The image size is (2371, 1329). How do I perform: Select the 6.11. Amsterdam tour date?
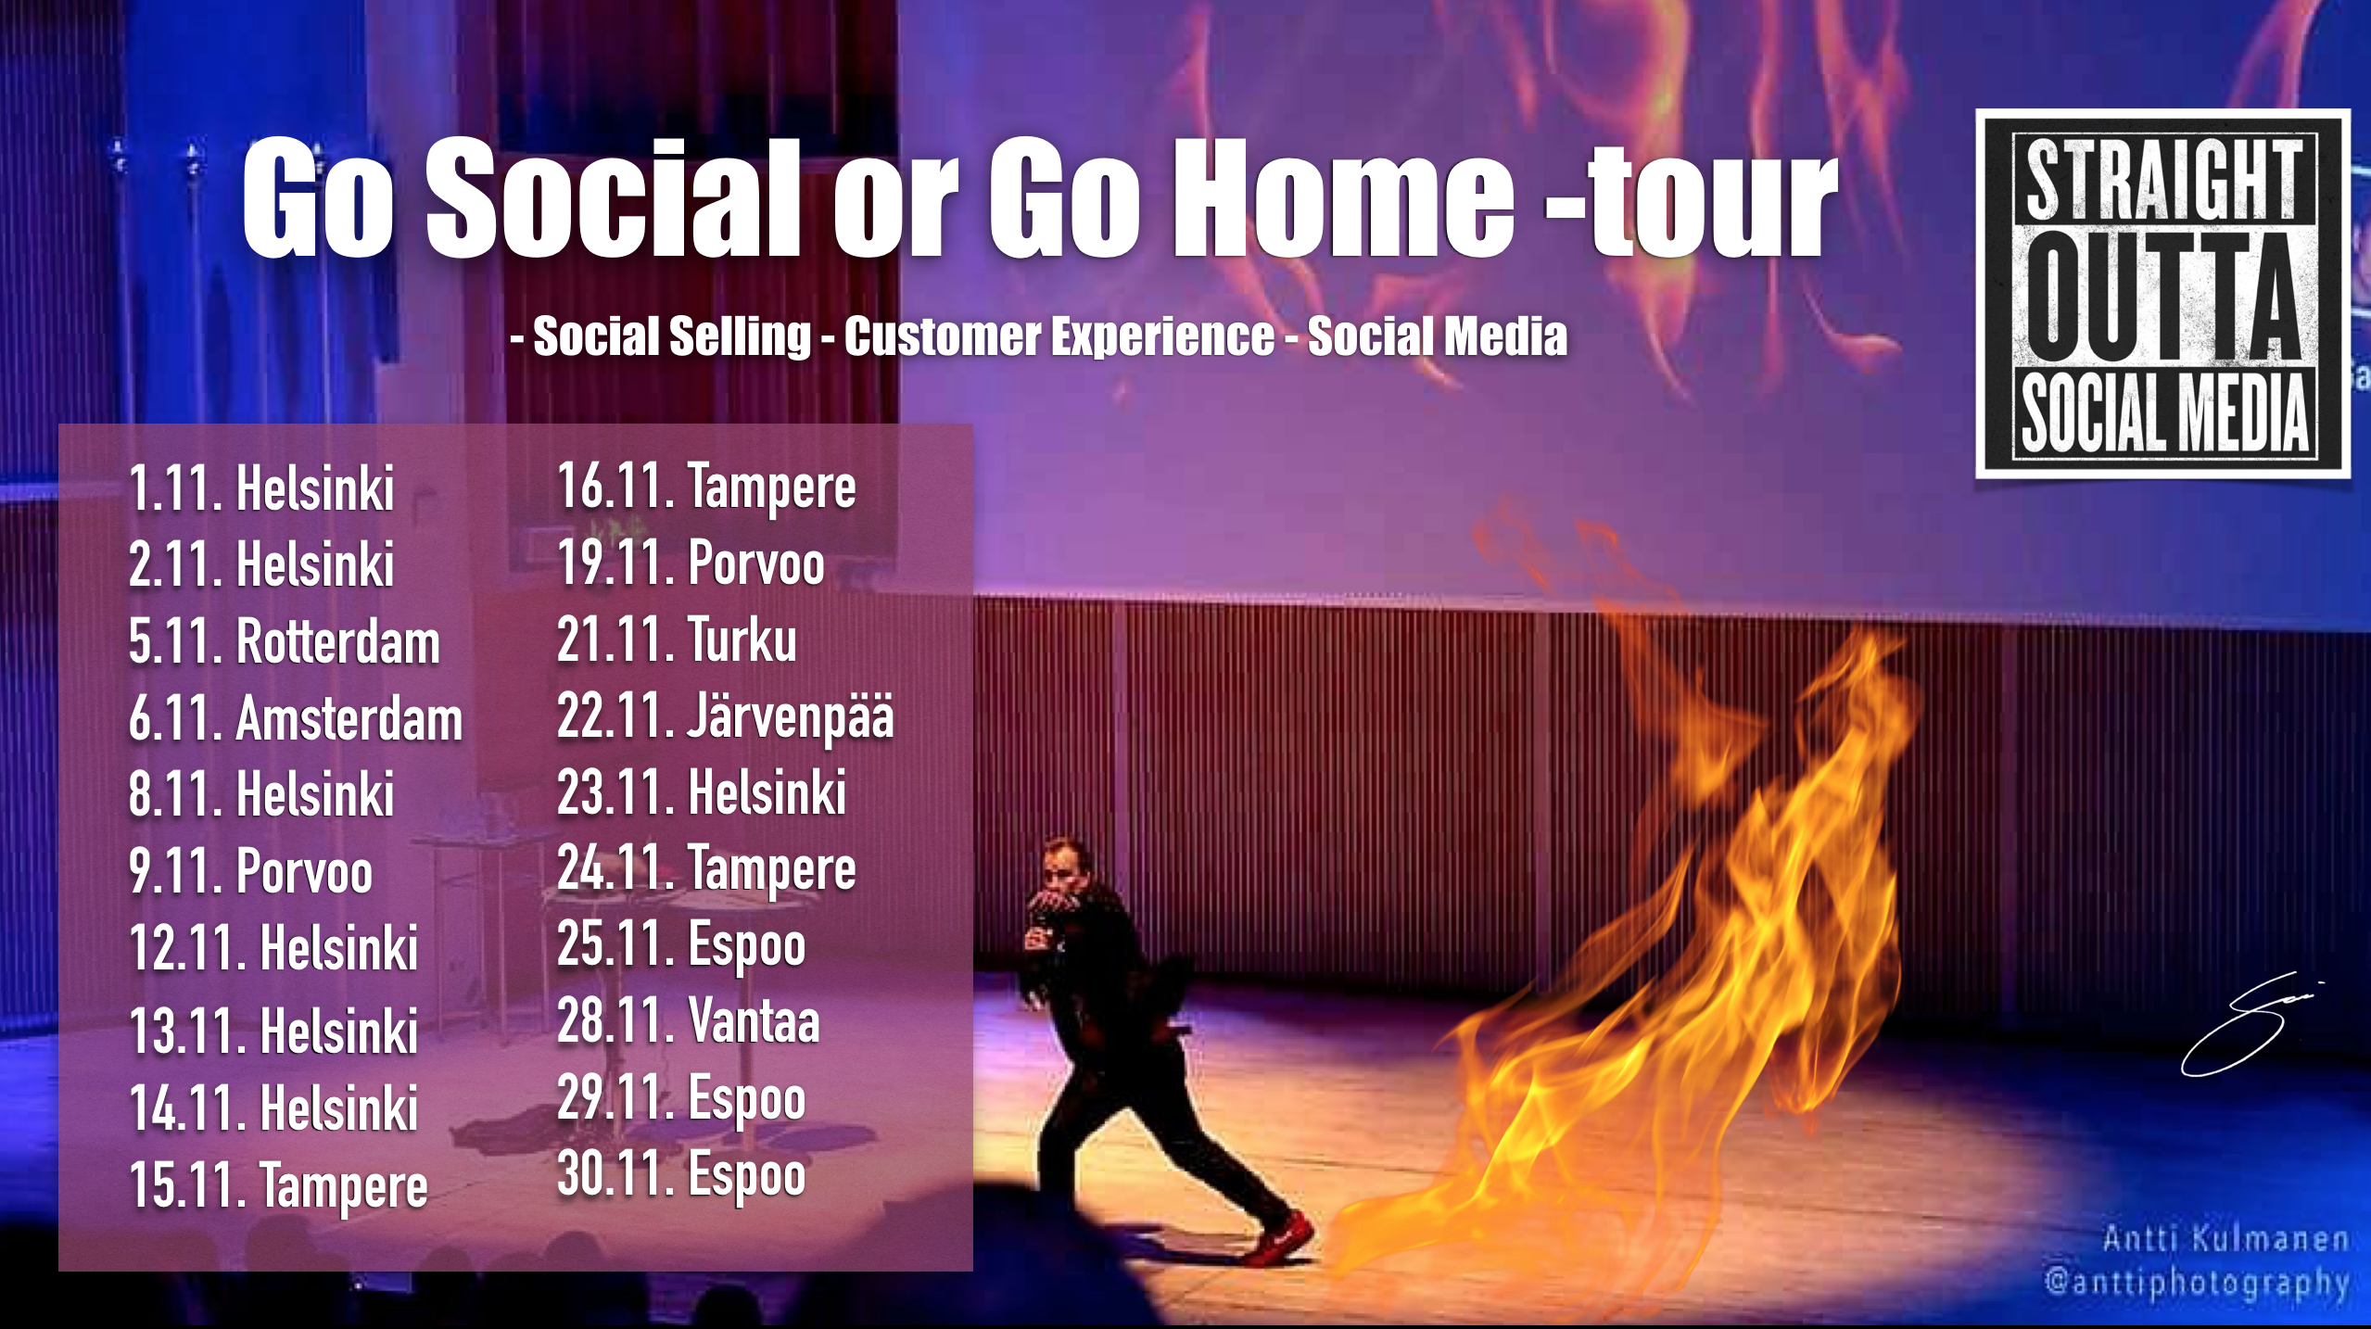pyautogui.click(x=296, y=718)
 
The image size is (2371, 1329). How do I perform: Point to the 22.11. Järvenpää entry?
pyautogui.click(x=725, y=716)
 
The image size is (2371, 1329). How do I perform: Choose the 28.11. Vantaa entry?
pyautogui.click(x=688, y=1020)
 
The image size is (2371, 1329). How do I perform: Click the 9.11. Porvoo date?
pyautogui.click(x=250, y=871)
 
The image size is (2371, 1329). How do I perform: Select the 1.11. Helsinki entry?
pyautogui.click(x=261, y=487)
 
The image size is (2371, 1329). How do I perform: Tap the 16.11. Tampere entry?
pyautogui.click(x=706, y=488)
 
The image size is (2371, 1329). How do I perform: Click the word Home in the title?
pyautogui.click(x=1344, y=196)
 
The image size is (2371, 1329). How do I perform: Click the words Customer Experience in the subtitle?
pyautogui.click(x=1059, y=335)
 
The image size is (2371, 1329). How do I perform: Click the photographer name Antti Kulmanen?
pyautogui.click(x=2225, y=1239)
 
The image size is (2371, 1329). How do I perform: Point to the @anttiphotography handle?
pyautogui.click(x=2197, y=1282)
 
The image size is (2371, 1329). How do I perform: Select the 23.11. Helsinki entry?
pyautogui.click(x=702, y=792)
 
